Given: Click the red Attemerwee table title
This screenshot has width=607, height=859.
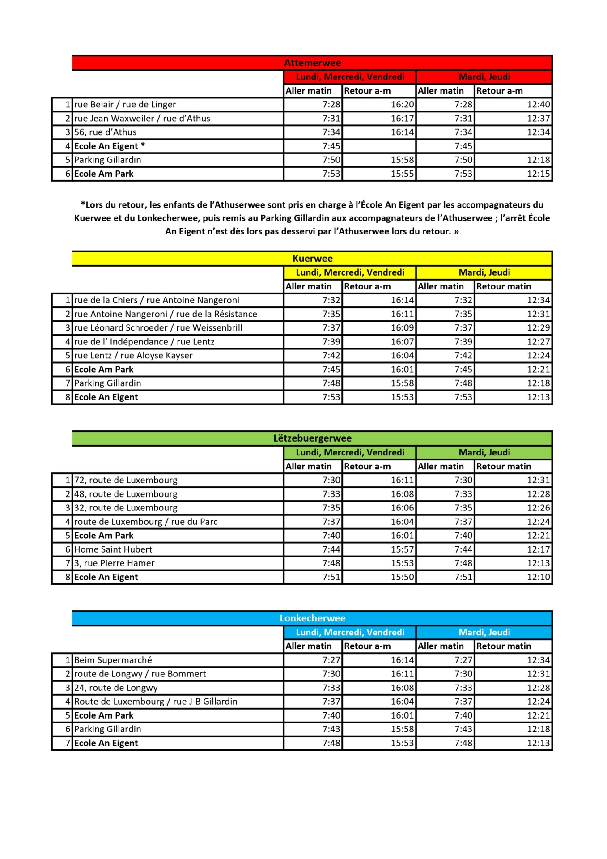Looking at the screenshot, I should coord(312,63).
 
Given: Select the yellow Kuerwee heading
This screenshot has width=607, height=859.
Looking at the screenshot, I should coord(312,259).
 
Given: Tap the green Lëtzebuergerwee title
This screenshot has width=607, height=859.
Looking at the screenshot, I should coord(312,438).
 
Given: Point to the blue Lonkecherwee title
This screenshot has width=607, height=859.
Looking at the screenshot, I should coord(312,618).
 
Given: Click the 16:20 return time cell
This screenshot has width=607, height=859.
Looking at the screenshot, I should coord(402,105).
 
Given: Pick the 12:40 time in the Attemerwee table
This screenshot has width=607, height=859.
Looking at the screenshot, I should coord(538,105).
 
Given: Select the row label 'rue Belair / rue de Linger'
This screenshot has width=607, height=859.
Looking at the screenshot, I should coord(125,105).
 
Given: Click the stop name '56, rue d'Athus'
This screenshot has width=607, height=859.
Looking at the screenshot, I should coord(105,132).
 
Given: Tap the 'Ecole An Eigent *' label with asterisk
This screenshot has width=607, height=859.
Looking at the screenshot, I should coord(109,146).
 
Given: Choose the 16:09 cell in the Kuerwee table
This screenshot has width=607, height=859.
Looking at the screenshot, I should coord(402,328).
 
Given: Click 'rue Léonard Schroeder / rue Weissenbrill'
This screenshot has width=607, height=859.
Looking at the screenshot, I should coord(158,328).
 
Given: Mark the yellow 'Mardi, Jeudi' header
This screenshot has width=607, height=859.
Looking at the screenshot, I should coord(484,272).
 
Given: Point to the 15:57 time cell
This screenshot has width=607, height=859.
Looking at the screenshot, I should coord(402,549).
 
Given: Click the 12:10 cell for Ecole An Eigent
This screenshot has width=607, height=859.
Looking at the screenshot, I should coord(538,577).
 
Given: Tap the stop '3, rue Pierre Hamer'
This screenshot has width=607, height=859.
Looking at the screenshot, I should coord(114,563).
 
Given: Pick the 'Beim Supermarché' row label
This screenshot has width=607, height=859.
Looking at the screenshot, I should coord(113,660).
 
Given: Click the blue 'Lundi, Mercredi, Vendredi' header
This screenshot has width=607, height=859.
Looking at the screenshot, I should coord(350,633).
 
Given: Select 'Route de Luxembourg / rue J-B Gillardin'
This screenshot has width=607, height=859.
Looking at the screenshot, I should coord(155,702).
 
